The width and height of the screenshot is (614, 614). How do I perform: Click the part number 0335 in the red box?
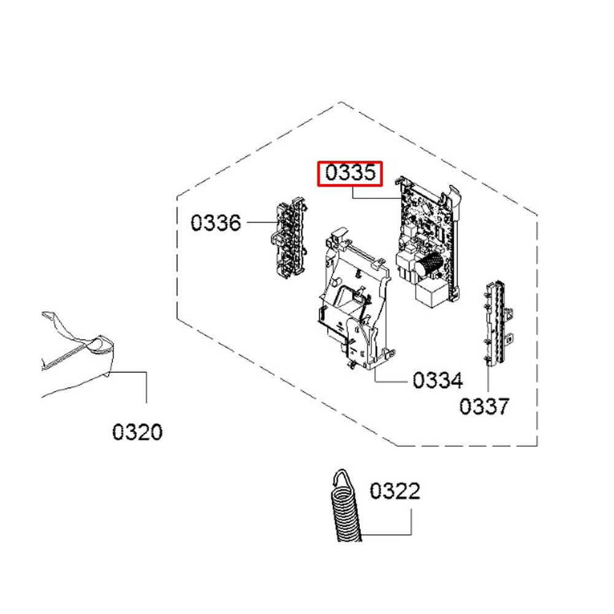coord(350,173)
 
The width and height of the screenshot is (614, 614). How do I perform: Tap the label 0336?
coord(216,222)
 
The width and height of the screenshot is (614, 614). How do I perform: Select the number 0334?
coord(437,381)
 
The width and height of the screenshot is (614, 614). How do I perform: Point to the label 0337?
coord(484,406)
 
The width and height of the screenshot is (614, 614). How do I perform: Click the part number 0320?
coord(138,432)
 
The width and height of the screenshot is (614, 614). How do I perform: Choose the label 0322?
coord(395,491)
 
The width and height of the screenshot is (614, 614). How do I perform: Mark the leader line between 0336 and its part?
coord(258,222)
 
